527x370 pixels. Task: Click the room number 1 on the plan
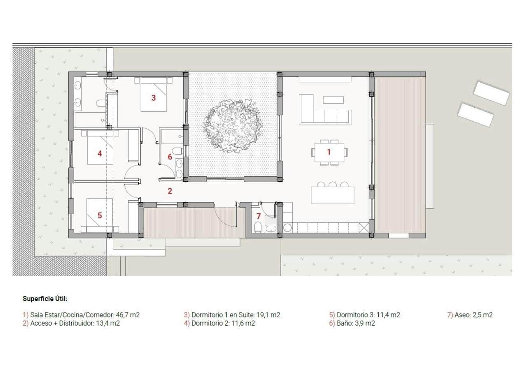click(329, 152)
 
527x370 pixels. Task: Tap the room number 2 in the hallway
click(170, 191)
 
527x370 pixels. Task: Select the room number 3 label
click(154, 98)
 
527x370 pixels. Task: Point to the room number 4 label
click(100, 154)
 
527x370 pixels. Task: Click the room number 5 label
click(100, 215)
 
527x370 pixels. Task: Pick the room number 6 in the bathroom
click(170, 157)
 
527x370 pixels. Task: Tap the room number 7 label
click(259, 216)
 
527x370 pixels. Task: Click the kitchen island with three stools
click(332, 195)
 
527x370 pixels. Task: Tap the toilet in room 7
click(258, 227)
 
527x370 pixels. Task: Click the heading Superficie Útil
click(45, 299)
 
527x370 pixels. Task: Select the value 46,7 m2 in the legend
click(128, 315)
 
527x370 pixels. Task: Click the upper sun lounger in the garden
click(491, 93)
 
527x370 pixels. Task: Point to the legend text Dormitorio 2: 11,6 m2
click(219, 323)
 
